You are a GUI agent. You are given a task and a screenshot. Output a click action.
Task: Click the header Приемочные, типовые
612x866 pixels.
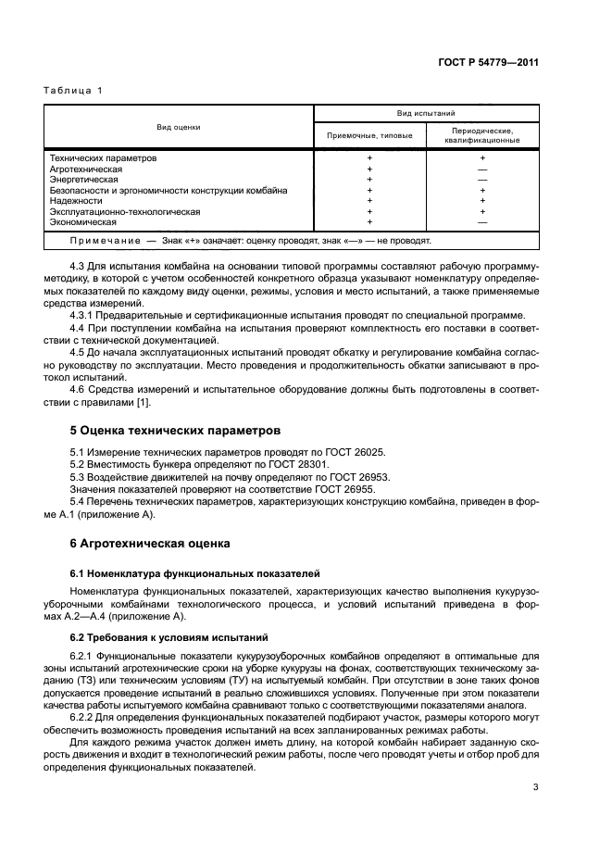point(369,135)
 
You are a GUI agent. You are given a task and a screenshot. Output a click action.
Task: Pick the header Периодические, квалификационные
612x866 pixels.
point(481,135)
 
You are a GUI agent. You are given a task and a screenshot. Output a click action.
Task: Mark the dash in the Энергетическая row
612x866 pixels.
point(481,180)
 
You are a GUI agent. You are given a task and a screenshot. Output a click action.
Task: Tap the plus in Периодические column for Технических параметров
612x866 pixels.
point(481,158)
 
